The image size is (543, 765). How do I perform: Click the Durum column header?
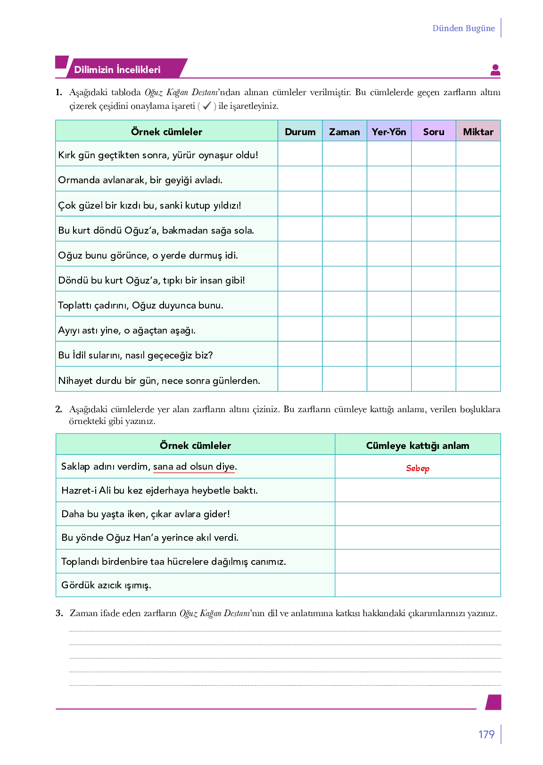point(300,131)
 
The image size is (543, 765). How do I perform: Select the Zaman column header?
point(344,131)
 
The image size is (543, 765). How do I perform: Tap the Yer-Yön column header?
point(389,131)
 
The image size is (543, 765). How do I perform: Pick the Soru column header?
point(433,131)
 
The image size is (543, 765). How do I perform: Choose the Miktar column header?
point(478,131)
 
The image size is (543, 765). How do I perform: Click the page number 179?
point(486,734)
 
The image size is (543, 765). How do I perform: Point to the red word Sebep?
point(418,468)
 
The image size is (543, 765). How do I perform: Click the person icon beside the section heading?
point(495,70)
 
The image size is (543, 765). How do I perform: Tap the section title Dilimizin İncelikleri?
point(117,70)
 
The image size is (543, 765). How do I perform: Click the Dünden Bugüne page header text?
point(463,28)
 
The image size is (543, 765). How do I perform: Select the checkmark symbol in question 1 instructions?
point(206,106)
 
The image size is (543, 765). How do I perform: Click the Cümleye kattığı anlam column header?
point(418,445)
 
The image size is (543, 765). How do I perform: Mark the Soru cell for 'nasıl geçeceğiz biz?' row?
point(433,354)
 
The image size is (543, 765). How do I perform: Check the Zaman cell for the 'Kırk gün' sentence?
point(344,154)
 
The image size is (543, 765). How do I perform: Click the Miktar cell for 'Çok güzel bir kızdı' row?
point(478,204)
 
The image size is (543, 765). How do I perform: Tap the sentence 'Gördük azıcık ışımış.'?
point(106,585)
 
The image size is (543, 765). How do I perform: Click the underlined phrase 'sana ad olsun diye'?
point(194,466)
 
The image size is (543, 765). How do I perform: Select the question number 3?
point(59,613)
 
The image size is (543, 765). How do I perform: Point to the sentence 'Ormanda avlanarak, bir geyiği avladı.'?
point(140,180)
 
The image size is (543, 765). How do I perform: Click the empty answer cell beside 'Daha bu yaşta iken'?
point(418,514)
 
